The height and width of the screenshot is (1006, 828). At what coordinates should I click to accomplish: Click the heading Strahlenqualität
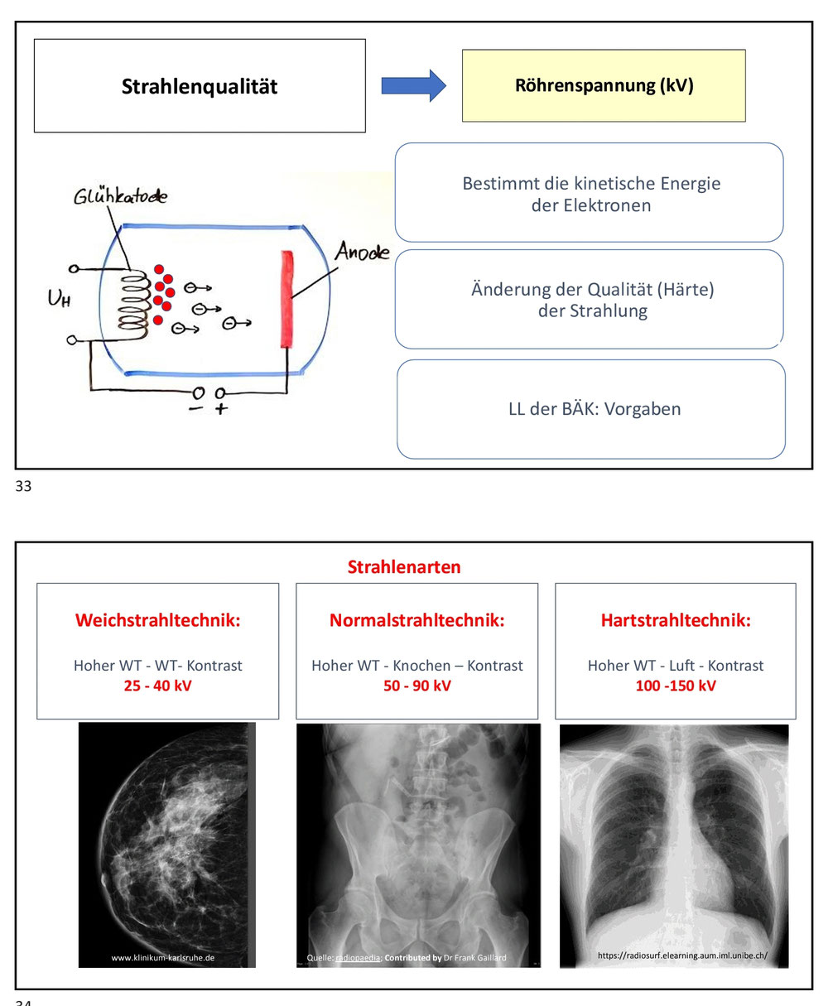200,86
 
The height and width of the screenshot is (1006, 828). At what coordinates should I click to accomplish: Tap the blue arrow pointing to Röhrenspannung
413,85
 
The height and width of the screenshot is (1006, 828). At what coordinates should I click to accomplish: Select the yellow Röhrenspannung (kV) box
604,85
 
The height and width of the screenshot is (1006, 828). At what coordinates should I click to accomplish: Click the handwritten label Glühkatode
120,196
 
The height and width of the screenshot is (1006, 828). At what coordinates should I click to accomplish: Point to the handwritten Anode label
362,251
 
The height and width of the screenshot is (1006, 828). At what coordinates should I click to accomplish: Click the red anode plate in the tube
286,299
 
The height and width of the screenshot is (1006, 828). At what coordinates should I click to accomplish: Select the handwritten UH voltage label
59,298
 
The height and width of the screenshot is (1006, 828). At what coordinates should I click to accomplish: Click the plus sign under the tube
221,409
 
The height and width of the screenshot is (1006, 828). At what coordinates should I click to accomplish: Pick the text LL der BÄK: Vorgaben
595,409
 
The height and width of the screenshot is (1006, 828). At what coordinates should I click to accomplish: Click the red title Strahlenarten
404,566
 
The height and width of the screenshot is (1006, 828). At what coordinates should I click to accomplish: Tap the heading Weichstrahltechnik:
158,620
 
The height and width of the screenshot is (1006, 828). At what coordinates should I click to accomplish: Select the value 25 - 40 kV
158,686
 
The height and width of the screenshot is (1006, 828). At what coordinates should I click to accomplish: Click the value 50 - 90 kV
416,686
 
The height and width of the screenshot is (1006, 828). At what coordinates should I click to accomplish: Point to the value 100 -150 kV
676,686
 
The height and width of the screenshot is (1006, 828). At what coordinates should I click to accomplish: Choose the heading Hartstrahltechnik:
676,620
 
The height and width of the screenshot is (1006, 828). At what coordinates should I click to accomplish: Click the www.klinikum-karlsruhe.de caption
163,957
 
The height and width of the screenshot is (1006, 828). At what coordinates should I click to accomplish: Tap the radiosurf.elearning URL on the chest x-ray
682,955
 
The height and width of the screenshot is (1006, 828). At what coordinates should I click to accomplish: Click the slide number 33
23,486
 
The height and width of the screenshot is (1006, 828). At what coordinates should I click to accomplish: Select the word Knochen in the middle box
421,666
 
